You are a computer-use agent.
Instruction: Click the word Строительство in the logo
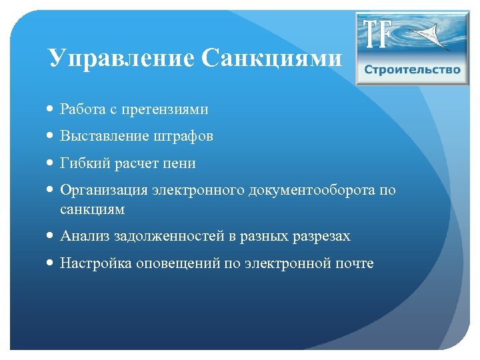412,70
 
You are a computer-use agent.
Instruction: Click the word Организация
104,191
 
